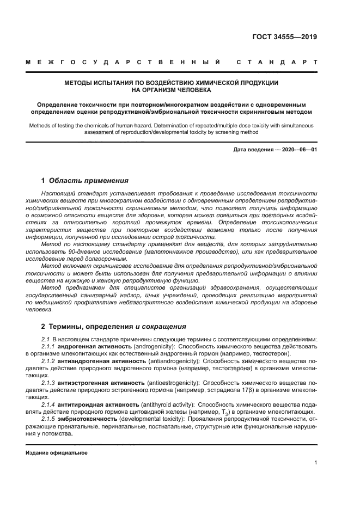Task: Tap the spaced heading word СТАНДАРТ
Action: pos(277,63)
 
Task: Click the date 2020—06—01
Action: pos(300,149)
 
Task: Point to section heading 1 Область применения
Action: pos(85,180)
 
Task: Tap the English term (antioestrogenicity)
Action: pos(172,383)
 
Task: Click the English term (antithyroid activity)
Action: pos(167,405)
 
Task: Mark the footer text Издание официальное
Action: pos(57,452)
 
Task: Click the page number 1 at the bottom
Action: pos(316,462)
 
